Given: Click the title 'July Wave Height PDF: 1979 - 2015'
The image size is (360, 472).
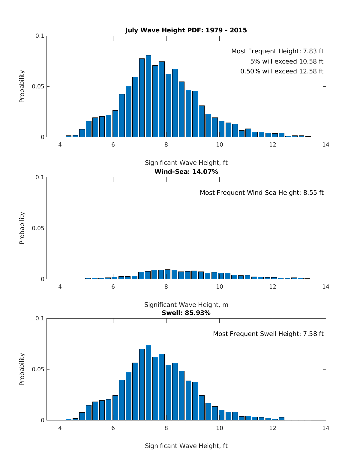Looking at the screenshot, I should coord(186,30).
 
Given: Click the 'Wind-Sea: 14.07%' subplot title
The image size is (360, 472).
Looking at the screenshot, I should coord(186,172).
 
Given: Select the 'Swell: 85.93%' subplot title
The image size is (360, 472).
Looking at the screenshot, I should coord(186,313).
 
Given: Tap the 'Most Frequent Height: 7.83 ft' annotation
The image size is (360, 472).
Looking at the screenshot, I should coord(277,51).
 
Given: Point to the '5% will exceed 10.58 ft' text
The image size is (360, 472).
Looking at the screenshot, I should coord(286,61).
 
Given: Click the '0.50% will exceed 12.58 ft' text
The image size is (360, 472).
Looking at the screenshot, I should coord(282,71).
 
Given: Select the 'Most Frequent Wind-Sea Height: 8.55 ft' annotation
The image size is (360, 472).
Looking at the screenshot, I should coord(262,193).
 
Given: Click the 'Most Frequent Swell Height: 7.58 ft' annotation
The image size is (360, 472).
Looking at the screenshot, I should coord(268,334).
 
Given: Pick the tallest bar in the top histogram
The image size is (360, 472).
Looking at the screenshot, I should coord(148,96).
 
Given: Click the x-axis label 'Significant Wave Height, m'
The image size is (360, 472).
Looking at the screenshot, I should coord(186,305).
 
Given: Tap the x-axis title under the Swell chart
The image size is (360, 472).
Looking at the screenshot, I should coord(186,446).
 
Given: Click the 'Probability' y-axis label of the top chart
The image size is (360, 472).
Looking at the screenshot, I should coord(22,86).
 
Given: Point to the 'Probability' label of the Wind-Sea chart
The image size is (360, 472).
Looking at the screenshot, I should coord(22,228).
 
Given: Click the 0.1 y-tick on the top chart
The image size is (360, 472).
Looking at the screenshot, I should coord(40,36).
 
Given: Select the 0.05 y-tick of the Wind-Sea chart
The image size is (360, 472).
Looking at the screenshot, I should coord(38,228).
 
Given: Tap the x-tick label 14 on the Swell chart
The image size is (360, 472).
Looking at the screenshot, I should coord(325,428).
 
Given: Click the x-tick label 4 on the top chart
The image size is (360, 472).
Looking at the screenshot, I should coord(60,145).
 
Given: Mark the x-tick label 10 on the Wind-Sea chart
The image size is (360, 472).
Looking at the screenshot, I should coord(219,287).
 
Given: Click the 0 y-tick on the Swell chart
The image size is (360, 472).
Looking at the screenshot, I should coord(42,420).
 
